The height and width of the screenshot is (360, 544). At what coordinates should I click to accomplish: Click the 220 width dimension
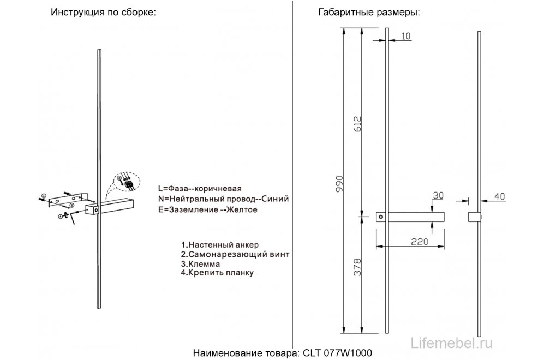pos(411,241)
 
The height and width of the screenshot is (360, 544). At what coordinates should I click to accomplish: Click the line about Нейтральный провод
pos(223,199)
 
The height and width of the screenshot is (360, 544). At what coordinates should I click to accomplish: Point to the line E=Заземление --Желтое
pos(207,209)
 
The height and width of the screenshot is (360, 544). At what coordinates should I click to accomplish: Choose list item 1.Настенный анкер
pos(220,244)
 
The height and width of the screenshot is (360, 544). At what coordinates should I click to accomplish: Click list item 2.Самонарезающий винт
pos(235,254)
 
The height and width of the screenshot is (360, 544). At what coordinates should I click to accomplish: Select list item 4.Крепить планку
pos(218,273)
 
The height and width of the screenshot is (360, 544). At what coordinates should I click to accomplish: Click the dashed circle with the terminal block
pos(128,183)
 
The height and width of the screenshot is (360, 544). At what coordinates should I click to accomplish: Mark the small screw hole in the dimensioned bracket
pos(381,217)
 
